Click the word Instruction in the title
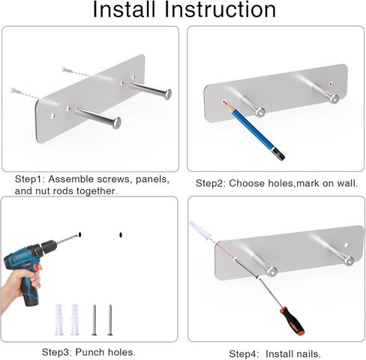pos(220,10)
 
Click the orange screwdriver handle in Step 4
pos(292,321)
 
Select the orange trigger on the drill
pos(37,268)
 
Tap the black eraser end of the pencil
pos(278,154)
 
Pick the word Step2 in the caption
pos(211,184)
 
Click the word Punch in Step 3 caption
pos(90,352)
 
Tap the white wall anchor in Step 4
pos(200,229)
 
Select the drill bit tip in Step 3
pos(78,235)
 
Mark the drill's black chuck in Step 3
pos(48,245)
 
